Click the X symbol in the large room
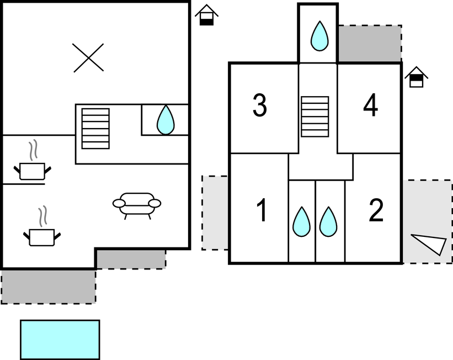[88, 58]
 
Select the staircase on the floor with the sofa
[95, 128]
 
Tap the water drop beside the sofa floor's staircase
[166, 120]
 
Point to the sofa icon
[137, 204]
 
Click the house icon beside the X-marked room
[206, 15]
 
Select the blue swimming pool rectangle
[60, 339]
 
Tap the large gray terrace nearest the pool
[48, 285]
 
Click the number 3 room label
[260, 106]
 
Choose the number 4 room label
[371, 106]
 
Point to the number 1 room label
[262, 211]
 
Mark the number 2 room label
[376, 211]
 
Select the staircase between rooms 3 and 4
[315, 117]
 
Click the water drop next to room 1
[301, 221]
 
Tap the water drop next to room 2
[329, 221]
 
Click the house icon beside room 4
[417, 77]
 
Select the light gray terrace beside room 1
[215, 213]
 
